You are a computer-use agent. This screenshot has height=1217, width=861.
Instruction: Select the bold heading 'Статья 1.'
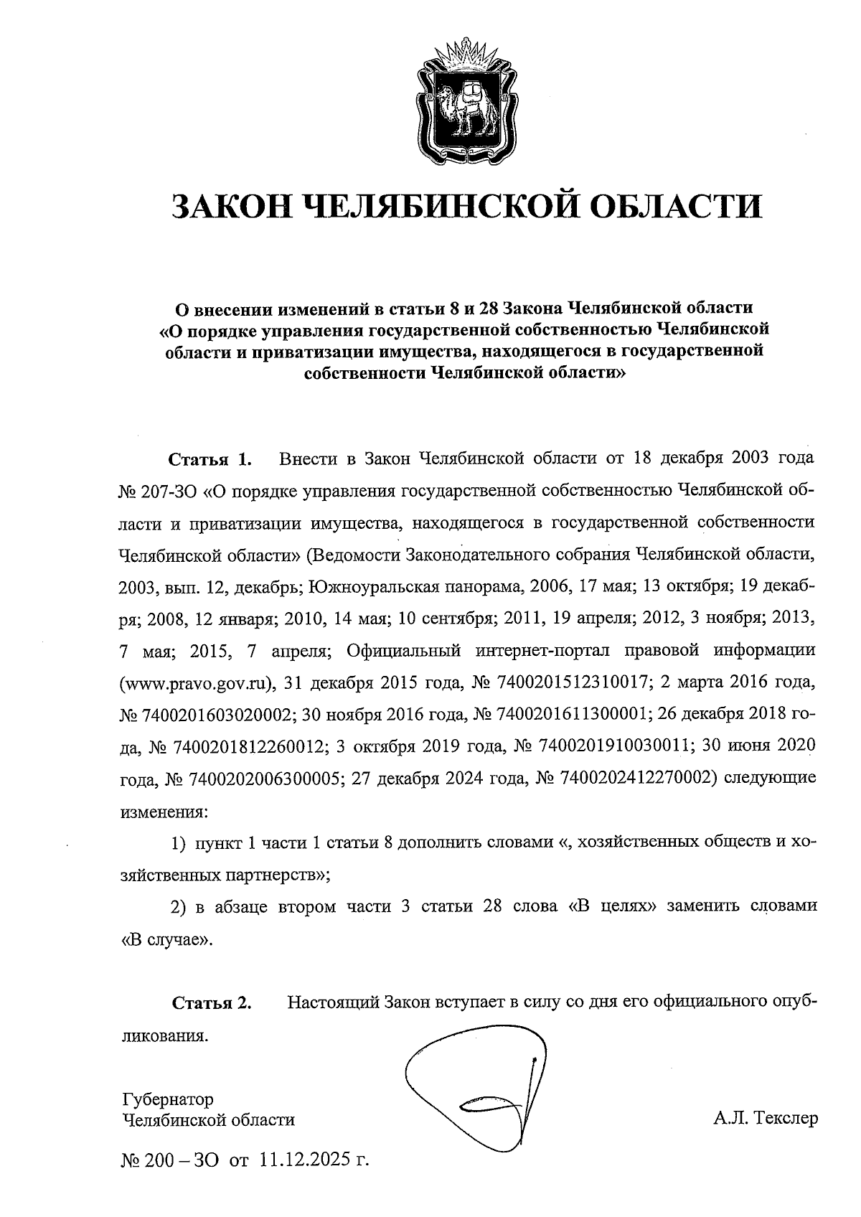click(210, 459)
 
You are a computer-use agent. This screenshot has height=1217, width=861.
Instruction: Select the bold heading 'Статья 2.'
click(212, 1002)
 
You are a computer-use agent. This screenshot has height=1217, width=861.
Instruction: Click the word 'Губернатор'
click(168, 1099)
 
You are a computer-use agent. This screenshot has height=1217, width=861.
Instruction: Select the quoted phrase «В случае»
click(166, 939)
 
